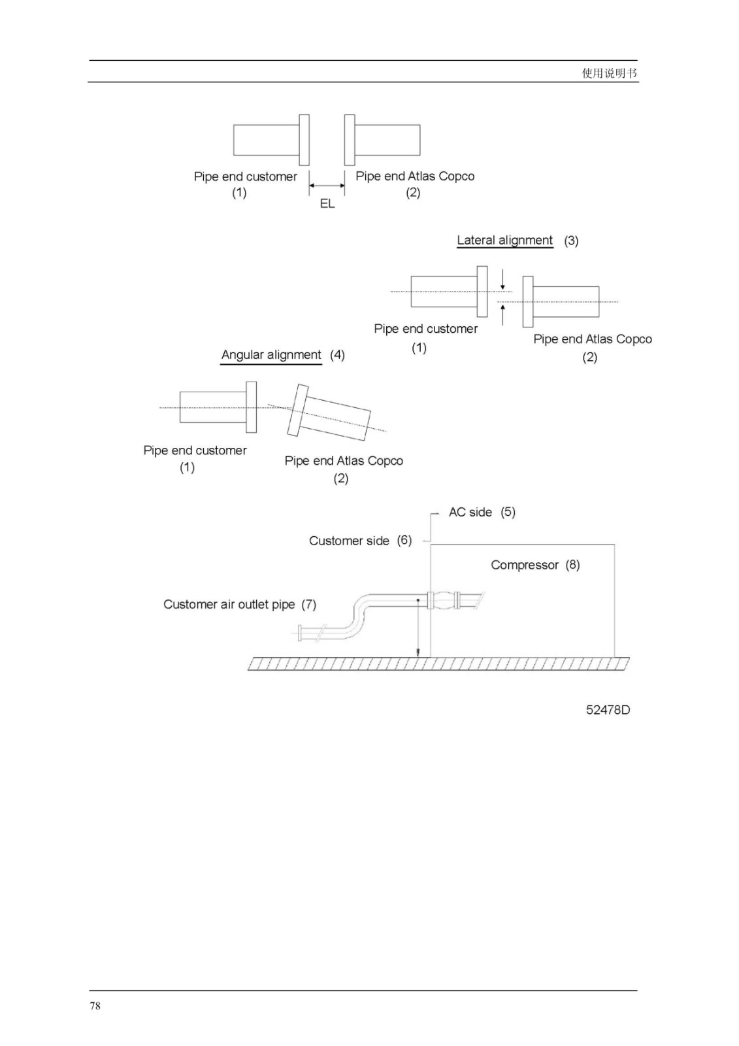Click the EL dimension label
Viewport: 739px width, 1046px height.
click(x=327, y=204)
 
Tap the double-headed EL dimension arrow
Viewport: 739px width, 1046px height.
click(x=327, y=186)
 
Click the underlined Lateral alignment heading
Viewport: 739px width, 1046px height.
click(x=504, y=241)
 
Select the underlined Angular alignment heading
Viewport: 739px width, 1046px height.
click(x=271, y=356)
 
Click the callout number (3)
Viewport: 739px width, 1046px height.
click(x=572, y=241)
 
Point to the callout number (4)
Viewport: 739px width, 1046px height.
click(x=338, y=356)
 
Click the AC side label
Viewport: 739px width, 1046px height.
click(x=470, y=513)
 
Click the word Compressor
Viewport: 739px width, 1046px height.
click(x=524, y=565)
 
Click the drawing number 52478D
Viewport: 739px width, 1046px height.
click(x=608, y=710)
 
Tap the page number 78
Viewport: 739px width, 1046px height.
click(x=95, y=1006)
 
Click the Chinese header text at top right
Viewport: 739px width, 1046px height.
click(x=609, y=73)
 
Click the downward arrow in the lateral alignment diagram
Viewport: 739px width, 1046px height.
click(x=502, y=279)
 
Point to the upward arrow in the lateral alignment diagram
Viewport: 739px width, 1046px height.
click(x=502, y=314)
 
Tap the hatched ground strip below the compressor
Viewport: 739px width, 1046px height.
click(x=438, y=664)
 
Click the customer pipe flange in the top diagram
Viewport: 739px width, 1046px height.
click(x=304, y=140)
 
